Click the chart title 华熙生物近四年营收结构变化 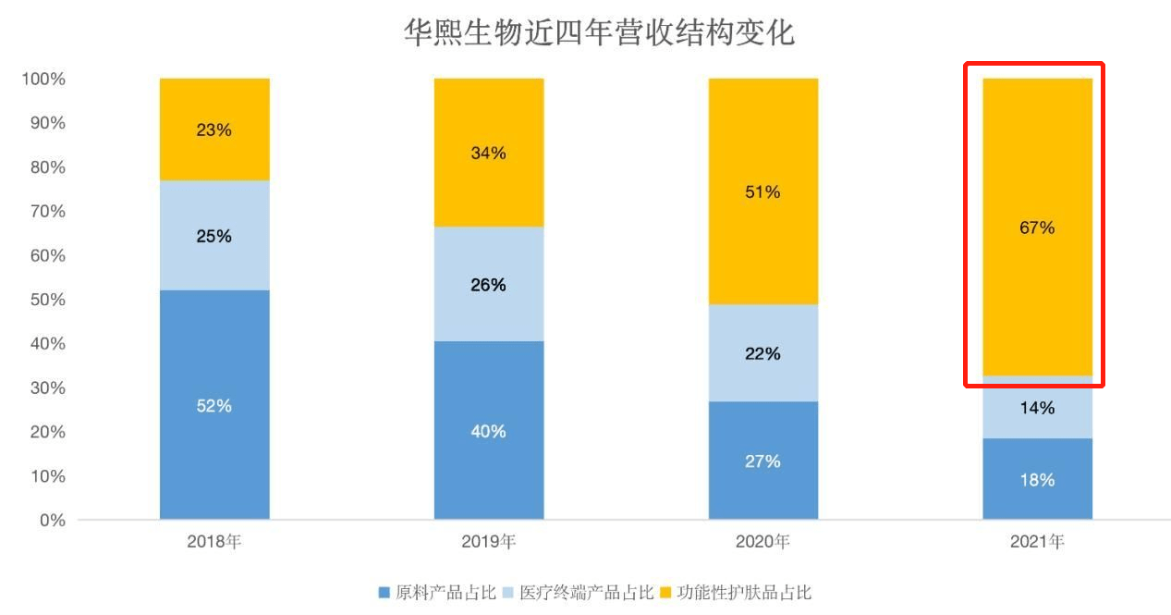coord(599,33)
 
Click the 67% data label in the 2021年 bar coord(1037,228)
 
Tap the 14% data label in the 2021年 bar coord(1037,408)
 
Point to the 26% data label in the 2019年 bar coord(488,285)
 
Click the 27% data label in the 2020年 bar coord(762,461)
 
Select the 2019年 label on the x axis coord(488,542)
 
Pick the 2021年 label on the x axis coord(1037,542)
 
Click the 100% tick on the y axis coord(43,80)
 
